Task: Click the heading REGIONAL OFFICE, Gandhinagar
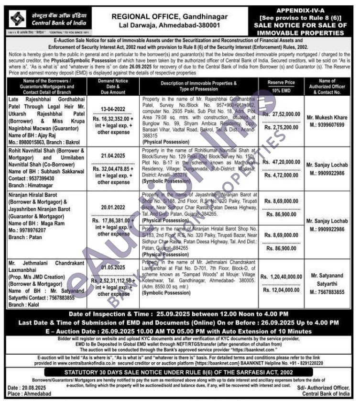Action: [165, 16]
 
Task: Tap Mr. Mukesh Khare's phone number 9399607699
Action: [327, 125]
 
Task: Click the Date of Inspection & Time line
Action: [179, 314]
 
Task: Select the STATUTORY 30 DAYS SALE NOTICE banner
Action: [179, 372]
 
